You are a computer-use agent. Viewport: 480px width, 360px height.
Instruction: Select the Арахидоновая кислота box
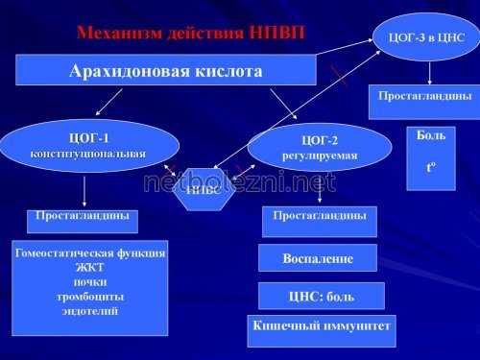tap(165, 70)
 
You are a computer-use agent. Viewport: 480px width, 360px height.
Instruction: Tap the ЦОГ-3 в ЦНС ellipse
tap(426, 36)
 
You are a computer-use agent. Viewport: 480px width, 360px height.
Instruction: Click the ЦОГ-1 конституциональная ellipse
tap(88, 145)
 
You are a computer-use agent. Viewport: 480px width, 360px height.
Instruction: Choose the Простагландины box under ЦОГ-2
tap(319, 216)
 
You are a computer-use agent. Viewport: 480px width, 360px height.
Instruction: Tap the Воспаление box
tap(318, 258)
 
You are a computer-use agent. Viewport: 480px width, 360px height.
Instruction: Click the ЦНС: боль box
tap(321, 297)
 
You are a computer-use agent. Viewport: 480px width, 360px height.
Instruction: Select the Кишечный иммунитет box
tap(321, 326)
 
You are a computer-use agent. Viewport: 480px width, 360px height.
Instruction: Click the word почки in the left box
tap(89, 282)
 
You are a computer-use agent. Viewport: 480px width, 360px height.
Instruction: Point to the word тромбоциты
tap(89, 297)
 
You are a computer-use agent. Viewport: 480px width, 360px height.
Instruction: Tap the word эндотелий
tap(89, 311)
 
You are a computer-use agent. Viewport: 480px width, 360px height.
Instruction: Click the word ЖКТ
tap(89, 268)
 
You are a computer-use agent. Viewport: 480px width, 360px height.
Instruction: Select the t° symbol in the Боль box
tap(431, 167)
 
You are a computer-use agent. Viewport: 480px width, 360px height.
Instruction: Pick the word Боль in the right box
tap(431, 136)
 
